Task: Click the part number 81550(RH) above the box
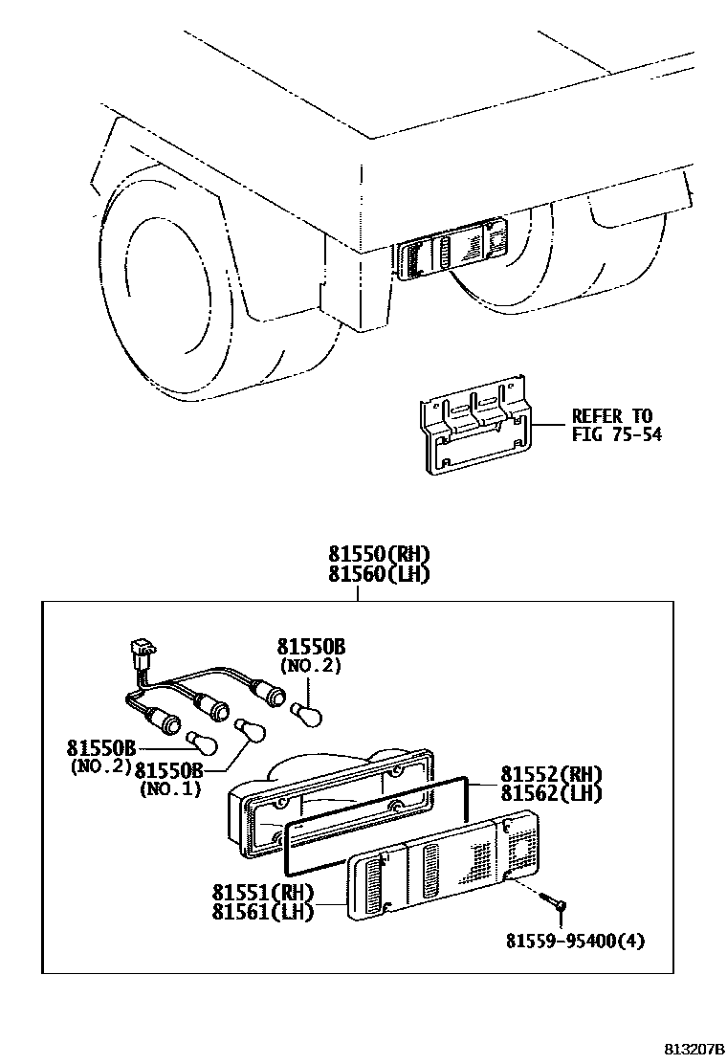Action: pyautogui.click(x=378, y=554)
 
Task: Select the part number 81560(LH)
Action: pyautogui.click(x=378, y=574)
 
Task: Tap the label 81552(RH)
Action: pyautogui.click(x=552, y=774)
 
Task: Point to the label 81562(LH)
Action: pyautogui.click(x=552, y=793)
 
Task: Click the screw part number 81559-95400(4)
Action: pyautogui.click(x=575, y=940)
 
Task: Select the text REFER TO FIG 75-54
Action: pyautogui.click(x=612, y=425)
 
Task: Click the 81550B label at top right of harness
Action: pyautogui.click(x=311, y=647)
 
